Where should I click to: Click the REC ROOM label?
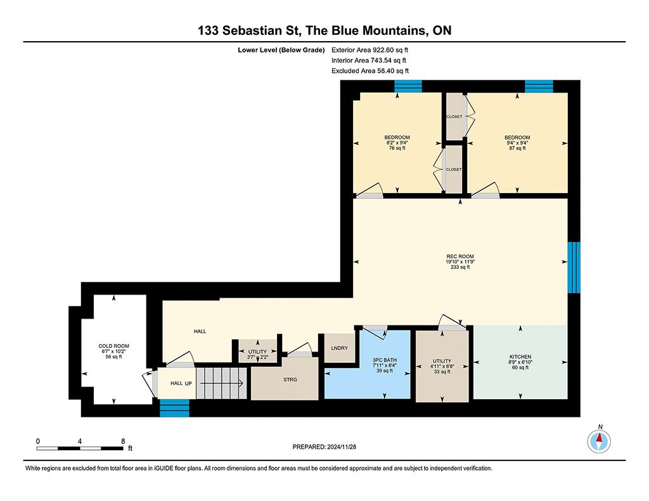[x=460, y=257]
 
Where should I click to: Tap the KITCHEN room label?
[x=520, y=357]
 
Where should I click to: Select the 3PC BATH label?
[x=385, y=360]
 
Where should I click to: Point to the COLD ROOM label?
[x=114, y=346]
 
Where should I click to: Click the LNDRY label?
[x=340, y=348]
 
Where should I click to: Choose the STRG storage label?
[x=290, y=379]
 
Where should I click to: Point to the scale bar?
[x=80, y=448]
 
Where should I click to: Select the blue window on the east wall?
[x=574, y=267]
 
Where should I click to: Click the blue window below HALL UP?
[x=174, y=408]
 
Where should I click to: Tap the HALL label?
[x=200, y=331]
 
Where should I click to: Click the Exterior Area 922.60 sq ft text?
[x=369, y=50]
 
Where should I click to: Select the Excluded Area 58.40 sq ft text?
[x=370, y=71]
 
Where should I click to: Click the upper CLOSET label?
[x=454, y=117]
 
